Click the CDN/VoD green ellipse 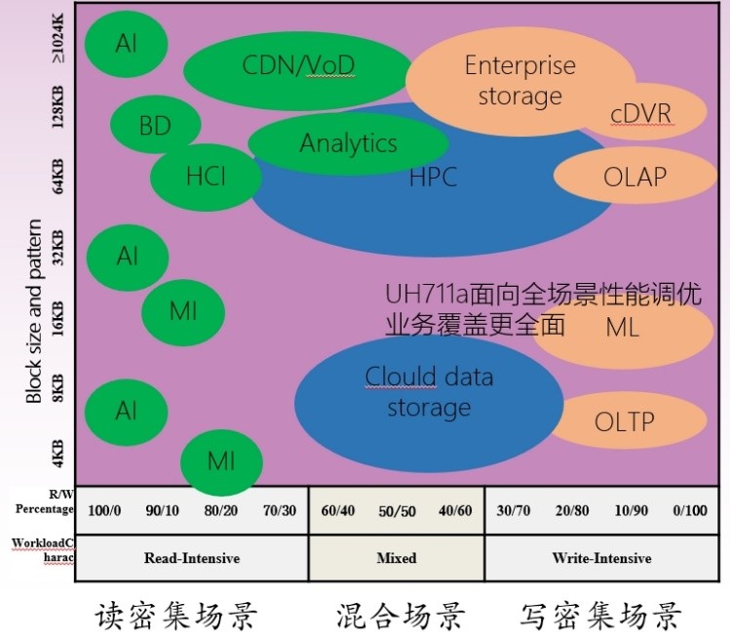tap(297, 65)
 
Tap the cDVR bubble tap(640, 113)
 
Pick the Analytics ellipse tap(348, 143)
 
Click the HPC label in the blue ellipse tap(433, 178)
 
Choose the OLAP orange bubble tap(634, 177)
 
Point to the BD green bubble tap(155, 126)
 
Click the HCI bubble tap(206, 177)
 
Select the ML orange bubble tap(622, 328)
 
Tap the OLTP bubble tap(624, 421)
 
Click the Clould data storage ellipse tap(429, 391)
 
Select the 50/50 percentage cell tap(396, 510)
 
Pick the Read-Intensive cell tap(191, 558)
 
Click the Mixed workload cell tap(396, 558)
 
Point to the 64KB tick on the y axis tap(58, 176)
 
